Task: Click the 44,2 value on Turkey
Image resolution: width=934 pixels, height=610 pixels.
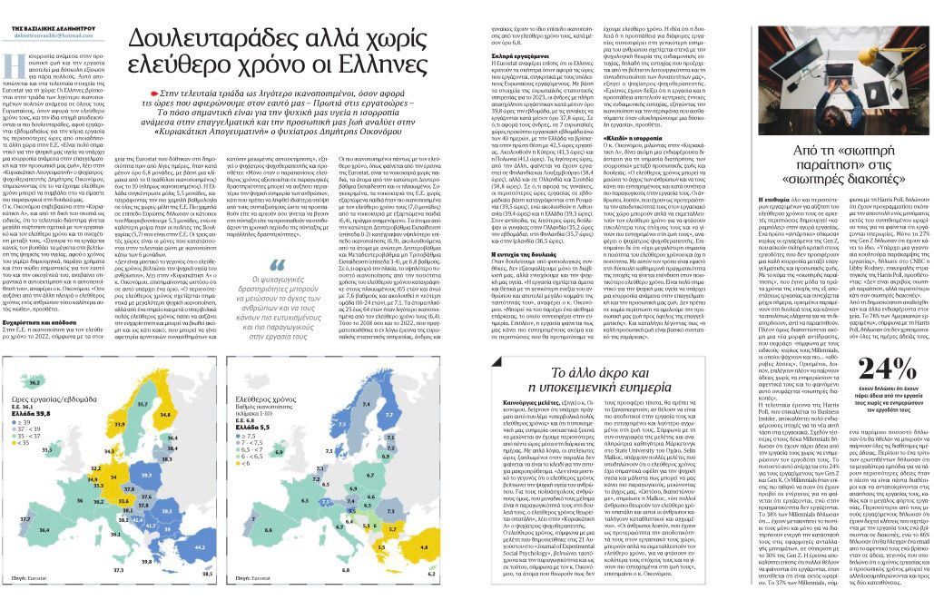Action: [x=202, y=547]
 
